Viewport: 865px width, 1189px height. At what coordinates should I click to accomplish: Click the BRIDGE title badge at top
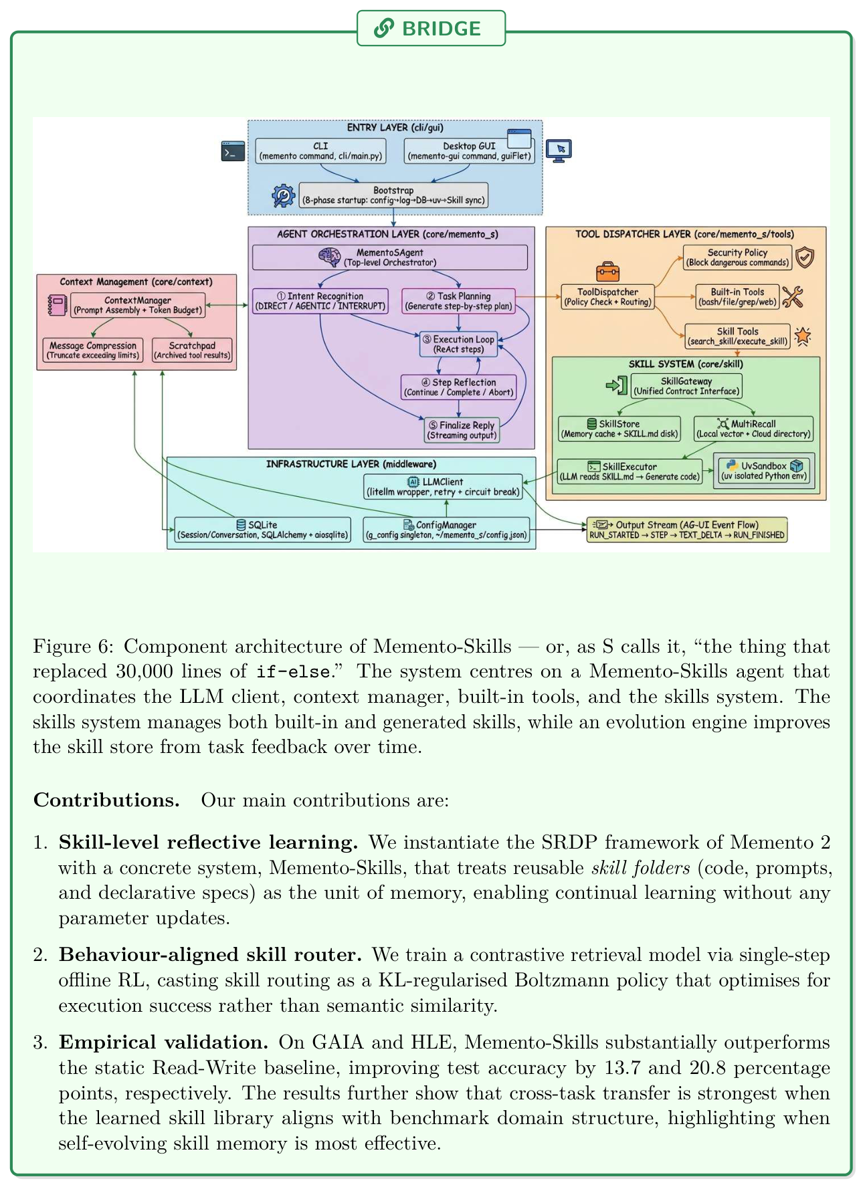click(431, 28)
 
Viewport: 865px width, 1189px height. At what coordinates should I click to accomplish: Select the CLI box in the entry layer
click(320, 151)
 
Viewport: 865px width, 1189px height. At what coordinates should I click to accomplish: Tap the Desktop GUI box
click(469, 151)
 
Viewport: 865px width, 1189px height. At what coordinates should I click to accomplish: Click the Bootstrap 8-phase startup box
click(393, 195)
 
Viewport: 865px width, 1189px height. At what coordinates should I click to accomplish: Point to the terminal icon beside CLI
click(233, 151)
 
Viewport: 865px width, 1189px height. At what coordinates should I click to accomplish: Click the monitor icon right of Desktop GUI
click(559, 150)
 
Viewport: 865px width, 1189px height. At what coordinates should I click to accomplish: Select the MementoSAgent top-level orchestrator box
click(390, 257)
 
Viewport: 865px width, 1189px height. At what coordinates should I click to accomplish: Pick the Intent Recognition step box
click(320, 301)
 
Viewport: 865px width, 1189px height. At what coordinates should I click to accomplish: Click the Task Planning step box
click(458, 301)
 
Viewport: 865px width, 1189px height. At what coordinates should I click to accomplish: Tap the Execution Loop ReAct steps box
click(458, 344)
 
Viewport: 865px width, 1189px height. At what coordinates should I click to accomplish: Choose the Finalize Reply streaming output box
click(462, 430)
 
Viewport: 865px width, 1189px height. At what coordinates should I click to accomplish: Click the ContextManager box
click(137, 306)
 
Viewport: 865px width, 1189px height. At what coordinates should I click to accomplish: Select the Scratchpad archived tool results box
click(192, 350)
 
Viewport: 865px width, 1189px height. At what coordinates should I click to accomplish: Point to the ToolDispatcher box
click(607, 297)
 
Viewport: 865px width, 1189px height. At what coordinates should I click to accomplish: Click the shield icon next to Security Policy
click(805, 257)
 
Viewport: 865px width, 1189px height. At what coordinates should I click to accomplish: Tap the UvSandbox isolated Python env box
click(764, 471)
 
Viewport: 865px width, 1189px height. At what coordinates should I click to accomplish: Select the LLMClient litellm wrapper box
click(443, 487)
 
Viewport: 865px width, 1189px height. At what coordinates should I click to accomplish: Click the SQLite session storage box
click(262, 530)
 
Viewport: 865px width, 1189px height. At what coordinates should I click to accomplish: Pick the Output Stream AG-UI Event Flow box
click(687, 530)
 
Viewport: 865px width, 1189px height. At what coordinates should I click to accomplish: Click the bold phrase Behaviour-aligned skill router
click(210, 955)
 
